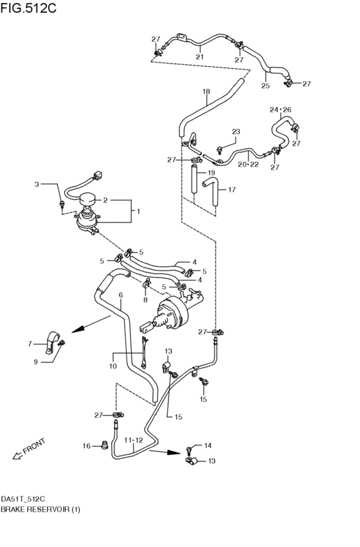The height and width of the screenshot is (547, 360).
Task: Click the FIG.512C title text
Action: coord(30,8)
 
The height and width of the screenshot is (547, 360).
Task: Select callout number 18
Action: coord(206,92)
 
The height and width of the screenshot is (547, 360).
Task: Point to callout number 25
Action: coord(265,84)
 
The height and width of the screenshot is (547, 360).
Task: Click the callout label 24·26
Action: coord(281,110)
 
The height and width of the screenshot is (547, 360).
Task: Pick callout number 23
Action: coord(235,132)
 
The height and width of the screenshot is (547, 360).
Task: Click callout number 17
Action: coord(231,190)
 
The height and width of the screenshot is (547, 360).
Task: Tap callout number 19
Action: coord(211,174)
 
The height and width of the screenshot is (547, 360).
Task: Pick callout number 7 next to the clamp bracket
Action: coord(29,344)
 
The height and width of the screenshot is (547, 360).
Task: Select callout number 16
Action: coord(86,445)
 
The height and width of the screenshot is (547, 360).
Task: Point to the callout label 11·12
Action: coord(134,441)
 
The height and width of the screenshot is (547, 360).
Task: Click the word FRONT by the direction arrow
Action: coord(34,445)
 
